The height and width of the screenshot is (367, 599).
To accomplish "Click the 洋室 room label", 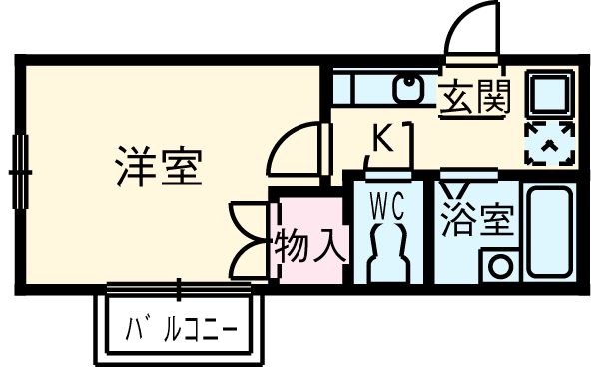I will (x=160, y=166).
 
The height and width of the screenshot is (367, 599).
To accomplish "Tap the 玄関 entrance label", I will (x=474, y=97).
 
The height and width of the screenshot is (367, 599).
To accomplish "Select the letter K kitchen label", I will (x=382, y=139).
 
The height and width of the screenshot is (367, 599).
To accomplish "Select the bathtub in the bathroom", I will (x=548, y=231).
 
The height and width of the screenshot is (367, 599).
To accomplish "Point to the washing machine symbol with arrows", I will (x=548, y=144).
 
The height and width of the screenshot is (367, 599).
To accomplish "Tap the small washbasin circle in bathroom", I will (x=499, y=266).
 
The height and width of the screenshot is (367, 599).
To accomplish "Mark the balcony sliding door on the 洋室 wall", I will (x=180, y=289).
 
